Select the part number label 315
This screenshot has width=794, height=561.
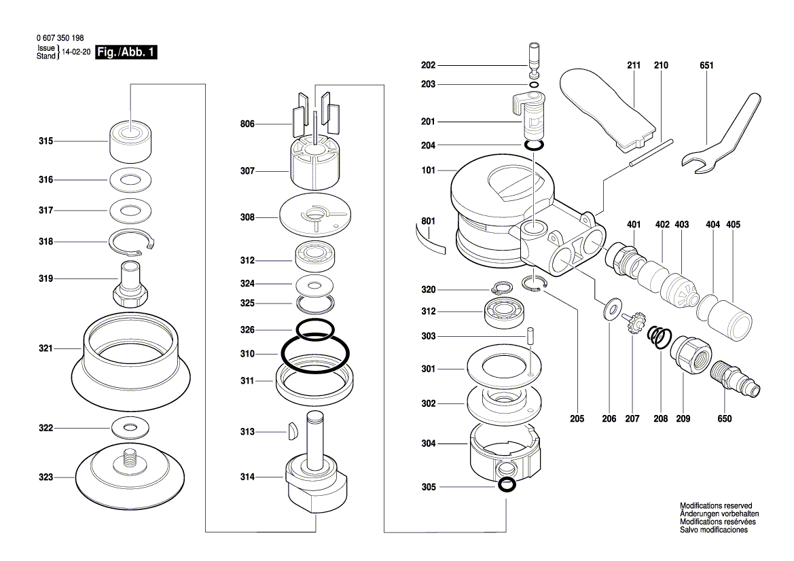[x=46, y=141]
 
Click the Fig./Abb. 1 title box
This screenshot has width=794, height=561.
[x=127, y=52]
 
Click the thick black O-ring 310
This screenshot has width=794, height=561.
[x=314, y=354]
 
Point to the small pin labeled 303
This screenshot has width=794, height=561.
[x=531, y=336]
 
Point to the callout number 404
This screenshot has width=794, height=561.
[x=712, y=224]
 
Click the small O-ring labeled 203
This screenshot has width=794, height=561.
[x=534, y=85]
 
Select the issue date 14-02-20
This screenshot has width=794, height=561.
[x=76, y=52]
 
